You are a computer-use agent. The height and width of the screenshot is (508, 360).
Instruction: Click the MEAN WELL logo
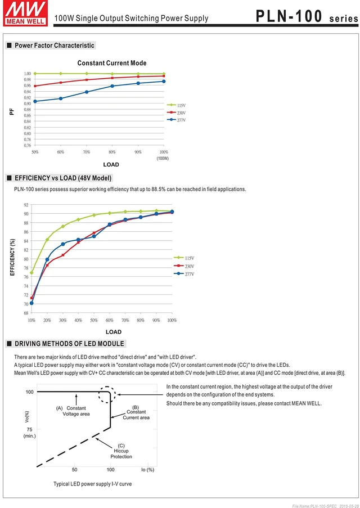[25, 13]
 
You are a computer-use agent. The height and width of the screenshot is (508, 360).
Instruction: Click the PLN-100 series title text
[307, 16]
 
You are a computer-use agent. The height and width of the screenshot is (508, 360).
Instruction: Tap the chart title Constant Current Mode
[112, 63]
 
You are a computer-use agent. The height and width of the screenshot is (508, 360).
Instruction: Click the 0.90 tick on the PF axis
[27, 104]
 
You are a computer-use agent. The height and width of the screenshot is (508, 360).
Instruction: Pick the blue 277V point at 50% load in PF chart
[35, 101]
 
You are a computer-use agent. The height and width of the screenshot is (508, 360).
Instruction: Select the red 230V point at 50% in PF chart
[35, 86]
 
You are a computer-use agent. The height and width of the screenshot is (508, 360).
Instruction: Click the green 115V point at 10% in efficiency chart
[31, 273]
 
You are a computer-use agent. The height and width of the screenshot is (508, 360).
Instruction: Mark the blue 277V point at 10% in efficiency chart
[31, 303]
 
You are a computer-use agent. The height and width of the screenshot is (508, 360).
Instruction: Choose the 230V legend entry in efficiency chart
[184, 266]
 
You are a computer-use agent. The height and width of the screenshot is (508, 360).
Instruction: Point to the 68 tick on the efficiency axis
[26, 313]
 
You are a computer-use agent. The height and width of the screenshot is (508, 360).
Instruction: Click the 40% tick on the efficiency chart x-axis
[78, 320]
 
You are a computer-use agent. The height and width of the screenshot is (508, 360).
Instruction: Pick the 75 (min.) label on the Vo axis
[29, 433]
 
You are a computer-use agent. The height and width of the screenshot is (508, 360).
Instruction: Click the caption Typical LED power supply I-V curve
[93, 484]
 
